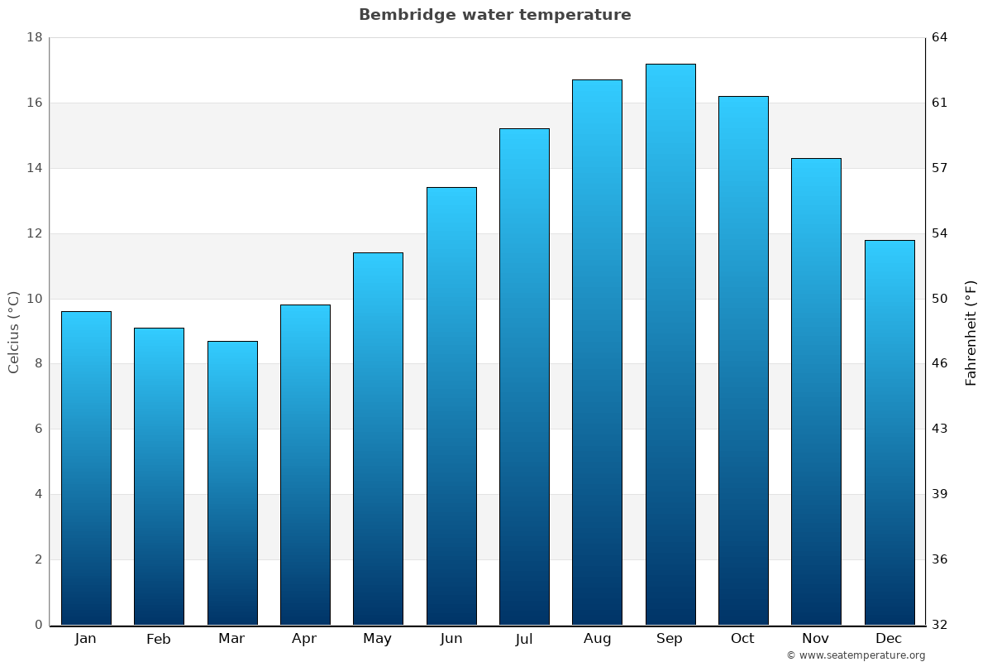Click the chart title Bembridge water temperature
point(494,15)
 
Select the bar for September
point(670,344)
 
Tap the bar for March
point(232,482)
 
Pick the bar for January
point(86,468)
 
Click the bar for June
point(451,405)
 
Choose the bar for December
point(889,432)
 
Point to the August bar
point(597,352)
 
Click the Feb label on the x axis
point(159,639)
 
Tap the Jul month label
point(524,639)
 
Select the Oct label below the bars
point(742,639)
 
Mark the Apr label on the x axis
point(304,639)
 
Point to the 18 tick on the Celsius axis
point(35,38)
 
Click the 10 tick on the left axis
point(35,299)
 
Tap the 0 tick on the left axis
point(38,625)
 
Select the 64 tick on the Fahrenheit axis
point(940,38)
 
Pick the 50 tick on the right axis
point(940,299)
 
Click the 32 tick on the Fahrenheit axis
point(940,625)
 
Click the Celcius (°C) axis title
point(14,332)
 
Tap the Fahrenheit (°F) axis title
point(971,333)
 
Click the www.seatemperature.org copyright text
point(856,655)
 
